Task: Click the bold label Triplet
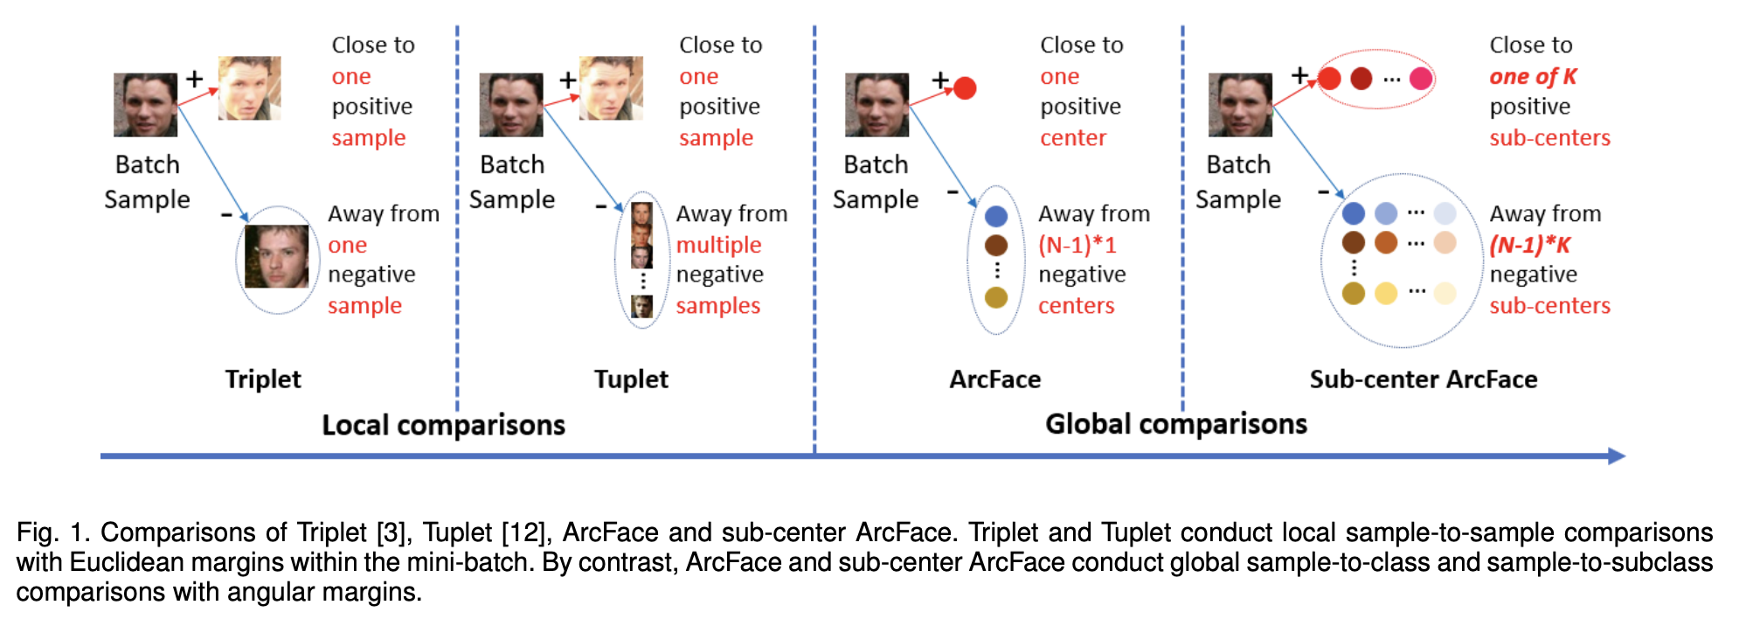point(262,379)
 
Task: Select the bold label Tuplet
point(631,379)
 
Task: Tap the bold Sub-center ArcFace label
point(1423,379)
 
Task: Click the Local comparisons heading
point(443,425)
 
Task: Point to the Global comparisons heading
point(1175,424)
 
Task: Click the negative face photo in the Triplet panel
point(276,257)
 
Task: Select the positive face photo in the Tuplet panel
point(611,88)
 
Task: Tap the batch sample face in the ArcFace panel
point(876,105)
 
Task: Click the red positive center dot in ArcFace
point(965,88)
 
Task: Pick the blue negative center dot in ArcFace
point(996,216)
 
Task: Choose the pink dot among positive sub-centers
point(1421,79)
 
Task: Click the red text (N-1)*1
point(1077,245)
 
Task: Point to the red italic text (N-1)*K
point(1529,245)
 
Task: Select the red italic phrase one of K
point(1533,77)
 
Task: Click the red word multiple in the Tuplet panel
point(718,245)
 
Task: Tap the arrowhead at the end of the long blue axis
point(1617,456)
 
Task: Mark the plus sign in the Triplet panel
point(194,79)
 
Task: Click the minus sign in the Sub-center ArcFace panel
point(1324,191)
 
